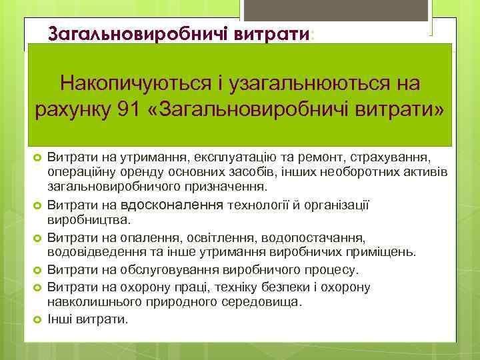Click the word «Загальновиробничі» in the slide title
(140, 35)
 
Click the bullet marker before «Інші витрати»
(38, 319)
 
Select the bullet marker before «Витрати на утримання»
(38, 157)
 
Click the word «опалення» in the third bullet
(151, 237)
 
